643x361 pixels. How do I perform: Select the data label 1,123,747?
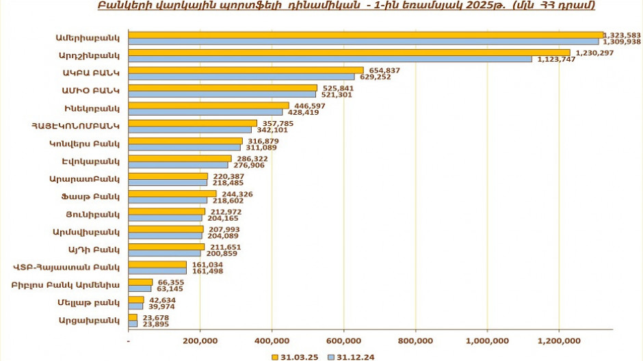click(555, 59)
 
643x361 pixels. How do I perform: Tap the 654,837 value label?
click(384, 70)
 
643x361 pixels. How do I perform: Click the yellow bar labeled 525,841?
click(222, 88)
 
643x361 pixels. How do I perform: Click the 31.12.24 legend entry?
click(352, 356)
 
